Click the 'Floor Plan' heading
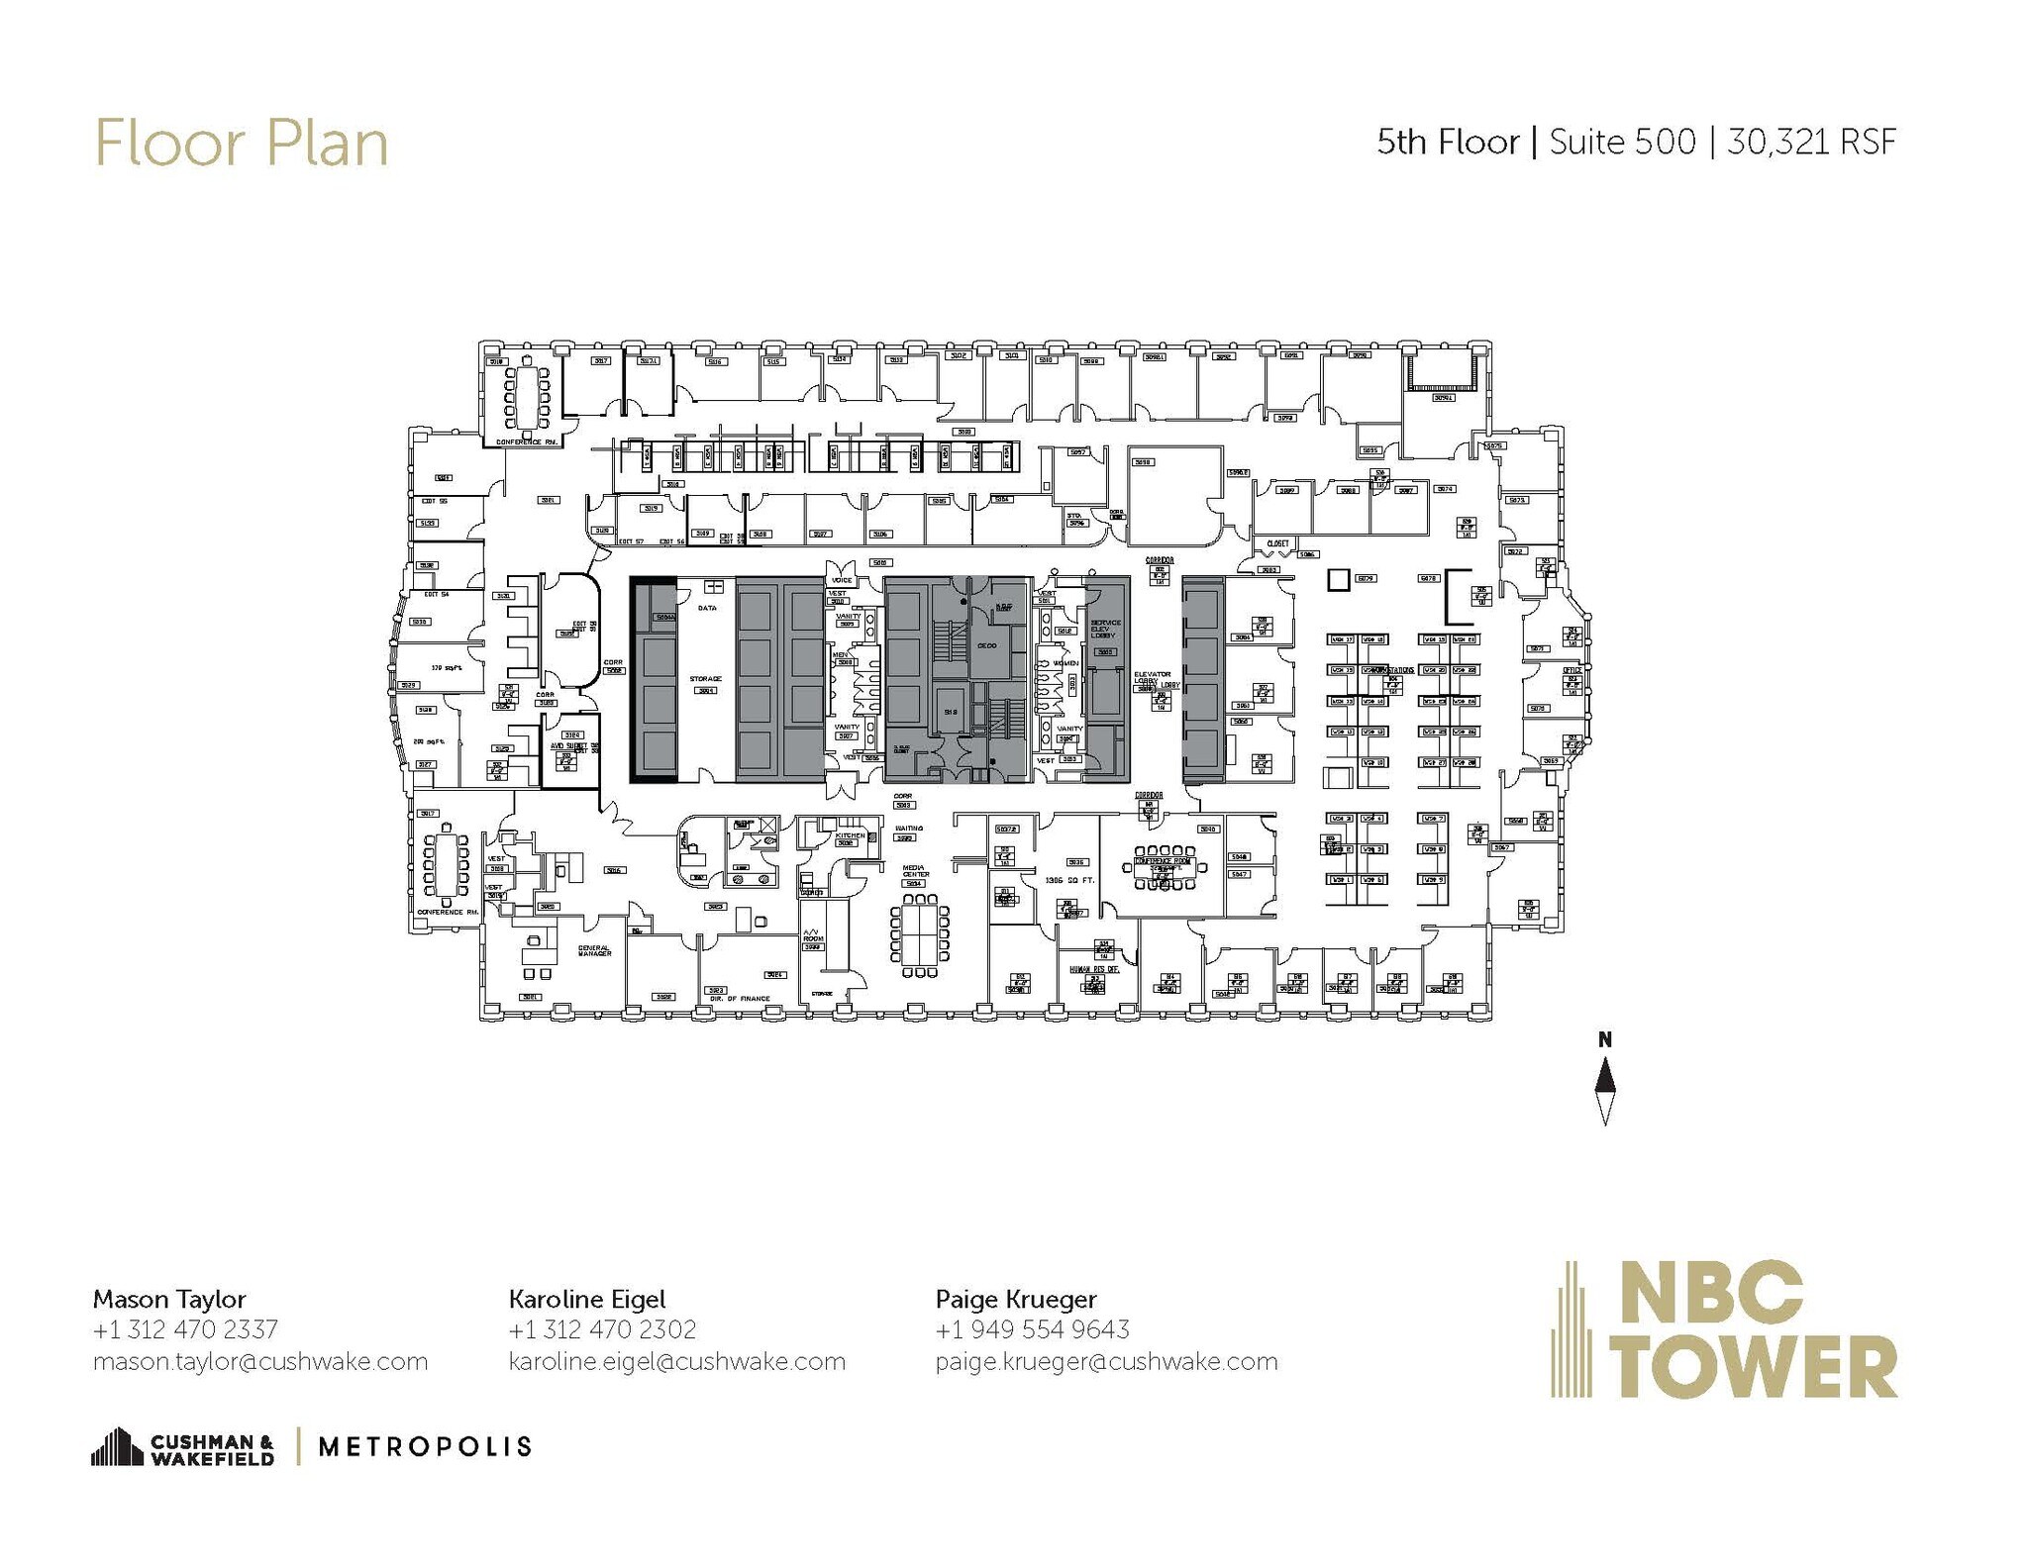241,144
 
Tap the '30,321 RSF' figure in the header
1811,143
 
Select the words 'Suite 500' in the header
1622,143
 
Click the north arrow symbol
1605,1090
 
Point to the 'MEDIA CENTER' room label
915,871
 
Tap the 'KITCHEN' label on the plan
850,835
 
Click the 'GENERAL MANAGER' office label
594,950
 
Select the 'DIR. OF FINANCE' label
740,999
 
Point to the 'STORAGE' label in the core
705,679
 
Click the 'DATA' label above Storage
707,608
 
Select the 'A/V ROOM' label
812,935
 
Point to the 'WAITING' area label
909,829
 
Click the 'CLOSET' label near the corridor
1277,543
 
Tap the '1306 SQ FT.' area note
1068,880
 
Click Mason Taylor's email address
260,1362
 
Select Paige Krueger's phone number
1032,1329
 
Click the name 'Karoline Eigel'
587,1299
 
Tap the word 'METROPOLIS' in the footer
425,1447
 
